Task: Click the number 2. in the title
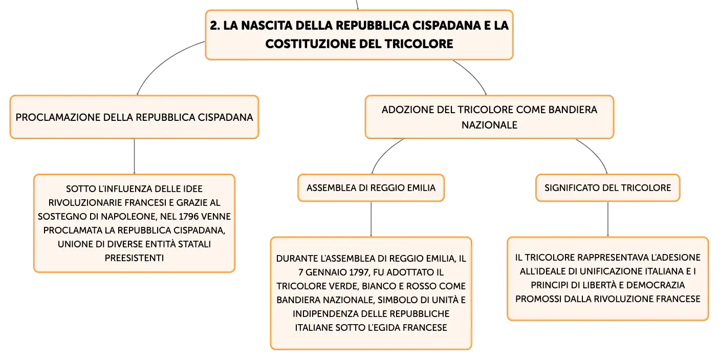click(x=215, y=26)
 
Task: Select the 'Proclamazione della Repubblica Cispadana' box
click(x=134, y=117)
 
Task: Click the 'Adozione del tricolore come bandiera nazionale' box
click(x=490, y=117)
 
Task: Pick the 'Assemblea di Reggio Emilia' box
click(x=371, y=188)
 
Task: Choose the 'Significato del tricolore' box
click(x=608, y=188)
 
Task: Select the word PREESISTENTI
click(x=134, y=258)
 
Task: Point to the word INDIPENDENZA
click(x=321, y=314)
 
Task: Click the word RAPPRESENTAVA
click(x=614, y=258)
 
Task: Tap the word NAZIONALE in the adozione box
click(x=490, y=125)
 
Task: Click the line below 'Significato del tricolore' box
click(x=608, y=219)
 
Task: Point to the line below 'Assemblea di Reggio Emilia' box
click(x=371, y=219)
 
